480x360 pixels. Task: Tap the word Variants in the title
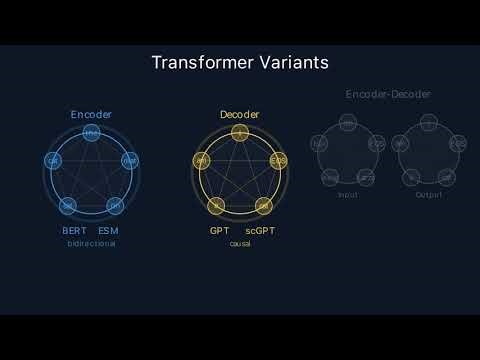(x=294, y=63)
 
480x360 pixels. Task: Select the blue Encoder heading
(x=91, y=115)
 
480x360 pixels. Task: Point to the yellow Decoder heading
(x=239, y=115)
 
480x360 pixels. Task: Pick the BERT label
(x=75, y=231)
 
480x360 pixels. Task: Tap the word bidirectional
(x=91, y=244)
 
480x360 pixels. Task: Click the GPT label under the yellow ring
(x=219, y=231)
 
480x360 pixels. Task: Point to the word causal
(x=239, y=244)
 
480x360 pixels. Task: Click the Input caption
(x=347, y=195)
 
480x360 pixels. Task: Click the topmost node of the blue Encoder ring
(x=91, y=133)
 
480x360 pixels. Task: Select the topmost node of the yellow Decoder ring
(x=239, y=132)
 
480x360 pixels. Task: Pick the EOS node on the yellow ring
(x=278, y=160)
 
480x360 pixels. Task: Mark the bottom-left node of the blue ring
(x=68, y=205)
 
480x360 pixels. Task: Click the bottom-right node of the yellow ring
(x=263, y=205)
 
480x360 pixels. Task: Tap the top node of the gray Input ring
(x=347, y=123)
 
